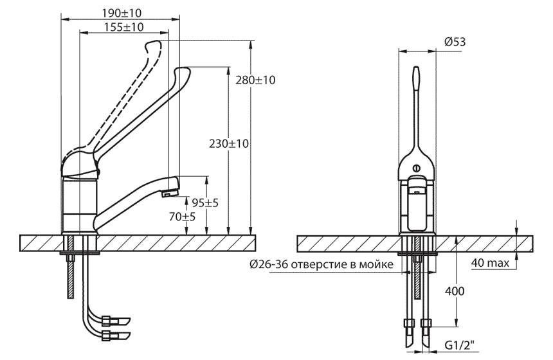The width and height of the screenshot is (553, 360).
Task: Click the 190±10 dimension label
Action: pos(122,13)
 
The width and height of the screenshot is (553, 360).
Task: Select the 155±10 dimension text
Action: pos(124,27)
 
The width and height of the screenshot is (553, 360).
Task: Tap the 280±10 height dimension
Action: pos(255,80)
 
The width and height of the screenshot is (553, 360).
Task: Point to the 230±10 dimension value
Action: pos(229,143)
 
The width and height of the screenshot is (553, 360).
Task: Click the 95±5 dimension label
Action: pos(205,203)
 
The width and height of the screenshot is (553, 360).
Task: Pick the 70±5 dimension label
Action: pos(182,217)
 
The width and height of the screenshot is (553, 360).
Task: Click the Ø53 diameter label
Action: pos(455,42)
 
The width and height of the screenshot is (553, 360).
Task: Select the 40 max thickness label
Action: pos(490,263)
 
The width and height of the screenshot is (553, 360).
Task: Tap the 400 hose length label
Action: pos(455,291)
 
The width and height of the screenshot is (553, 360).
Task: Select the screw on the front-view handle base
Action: pos(417,168)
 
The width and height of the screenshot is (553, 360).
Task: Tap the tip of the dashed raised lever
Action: pos(153,44)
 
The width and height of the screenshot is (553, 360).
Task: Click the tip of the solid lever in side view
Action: pos(183,71)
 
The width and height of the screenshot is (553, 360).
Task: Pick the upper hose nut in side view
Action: pos(105,321)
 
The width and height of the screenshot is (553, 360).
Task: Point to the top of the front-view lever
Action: pos(417,67)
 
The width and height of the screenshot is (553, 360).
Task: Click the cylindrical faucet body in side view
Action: pos(80,205)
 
